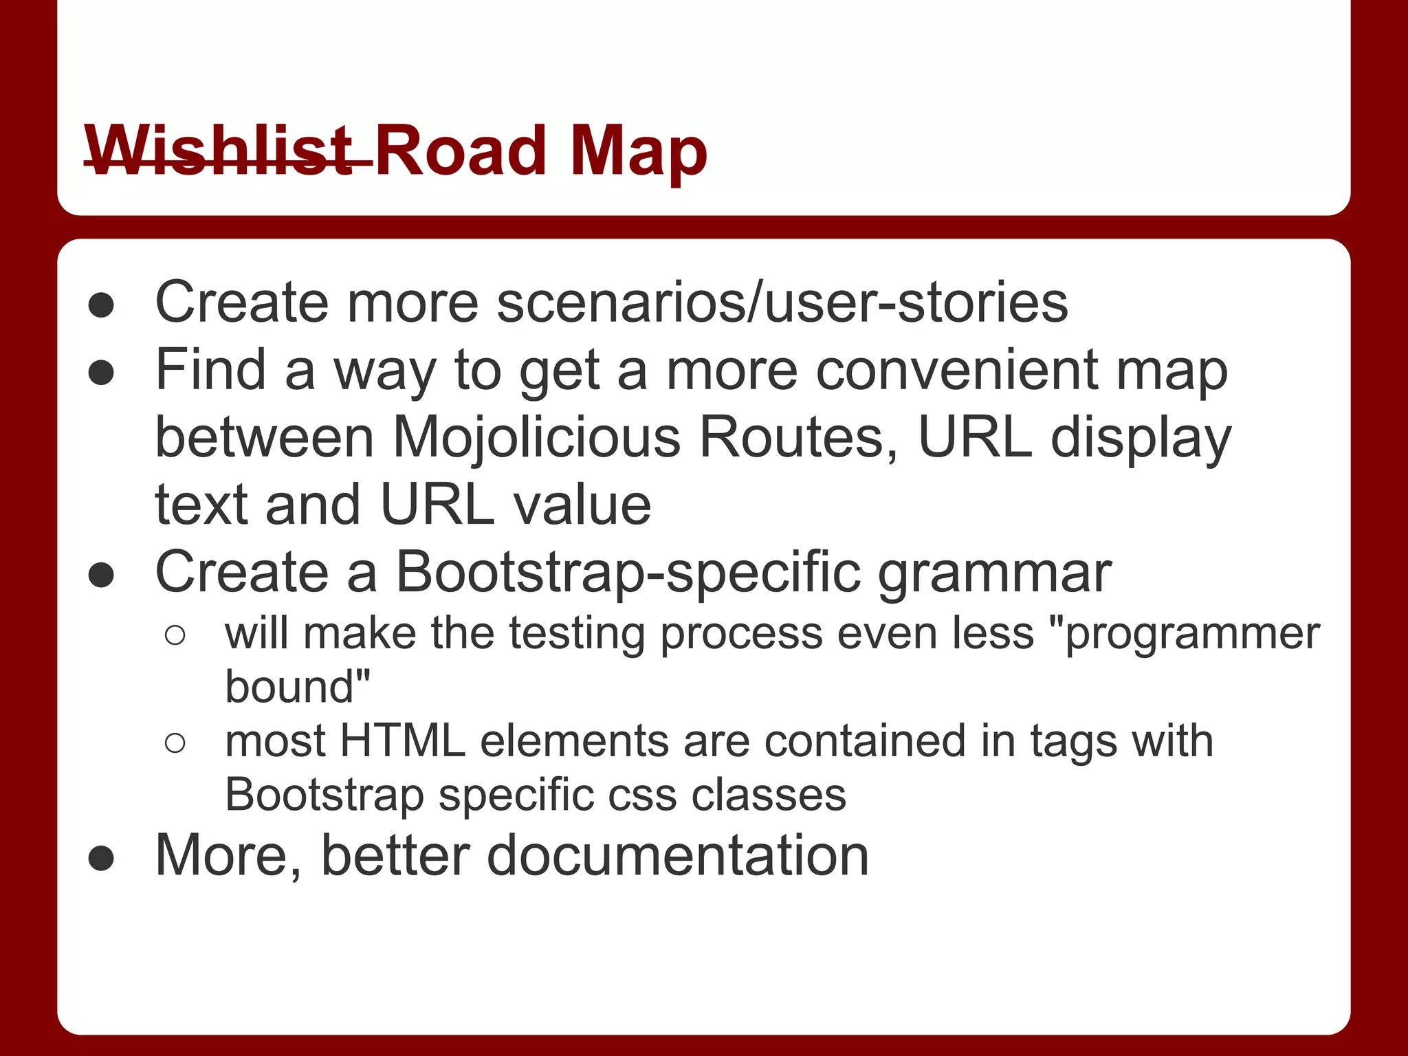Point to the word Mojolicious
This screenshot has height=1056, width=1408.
[536, 438]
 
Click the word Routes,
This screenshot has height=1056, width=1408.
[798, 438]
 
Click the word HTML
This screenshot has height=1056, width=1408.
[402, 741]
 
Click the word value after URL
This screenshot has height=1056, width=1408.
[582, 505]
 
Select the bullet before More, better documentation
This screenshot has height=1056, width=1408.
[101, 858]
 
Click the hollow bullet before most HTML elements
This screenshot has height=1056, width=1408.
[175, 743]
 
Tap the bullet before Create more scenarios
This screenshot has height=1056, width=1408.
[101, 305]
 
